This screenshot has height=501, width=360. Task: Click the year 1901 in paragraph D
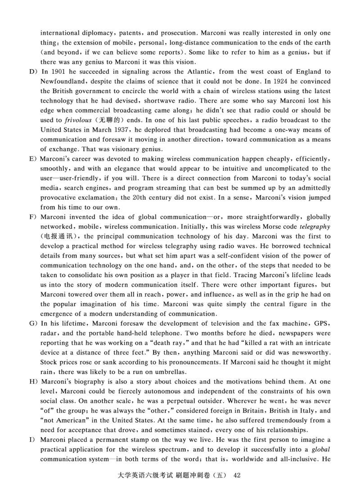(x=59, y=72)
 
